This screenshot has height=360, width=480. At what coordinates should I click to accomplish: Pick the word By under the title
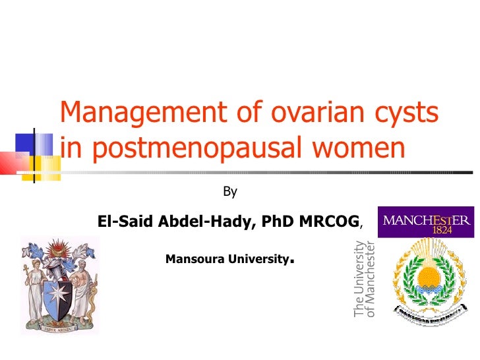click(230, 192)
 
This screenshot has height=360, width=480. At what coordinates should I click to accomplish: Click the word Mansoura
click(195, 259)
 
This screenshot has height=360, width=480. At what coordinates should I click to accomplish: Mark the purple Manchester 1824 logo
click(426, 222)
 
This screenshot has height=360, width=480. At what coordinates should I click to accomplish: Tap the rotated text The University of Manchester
click(365, 279)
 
